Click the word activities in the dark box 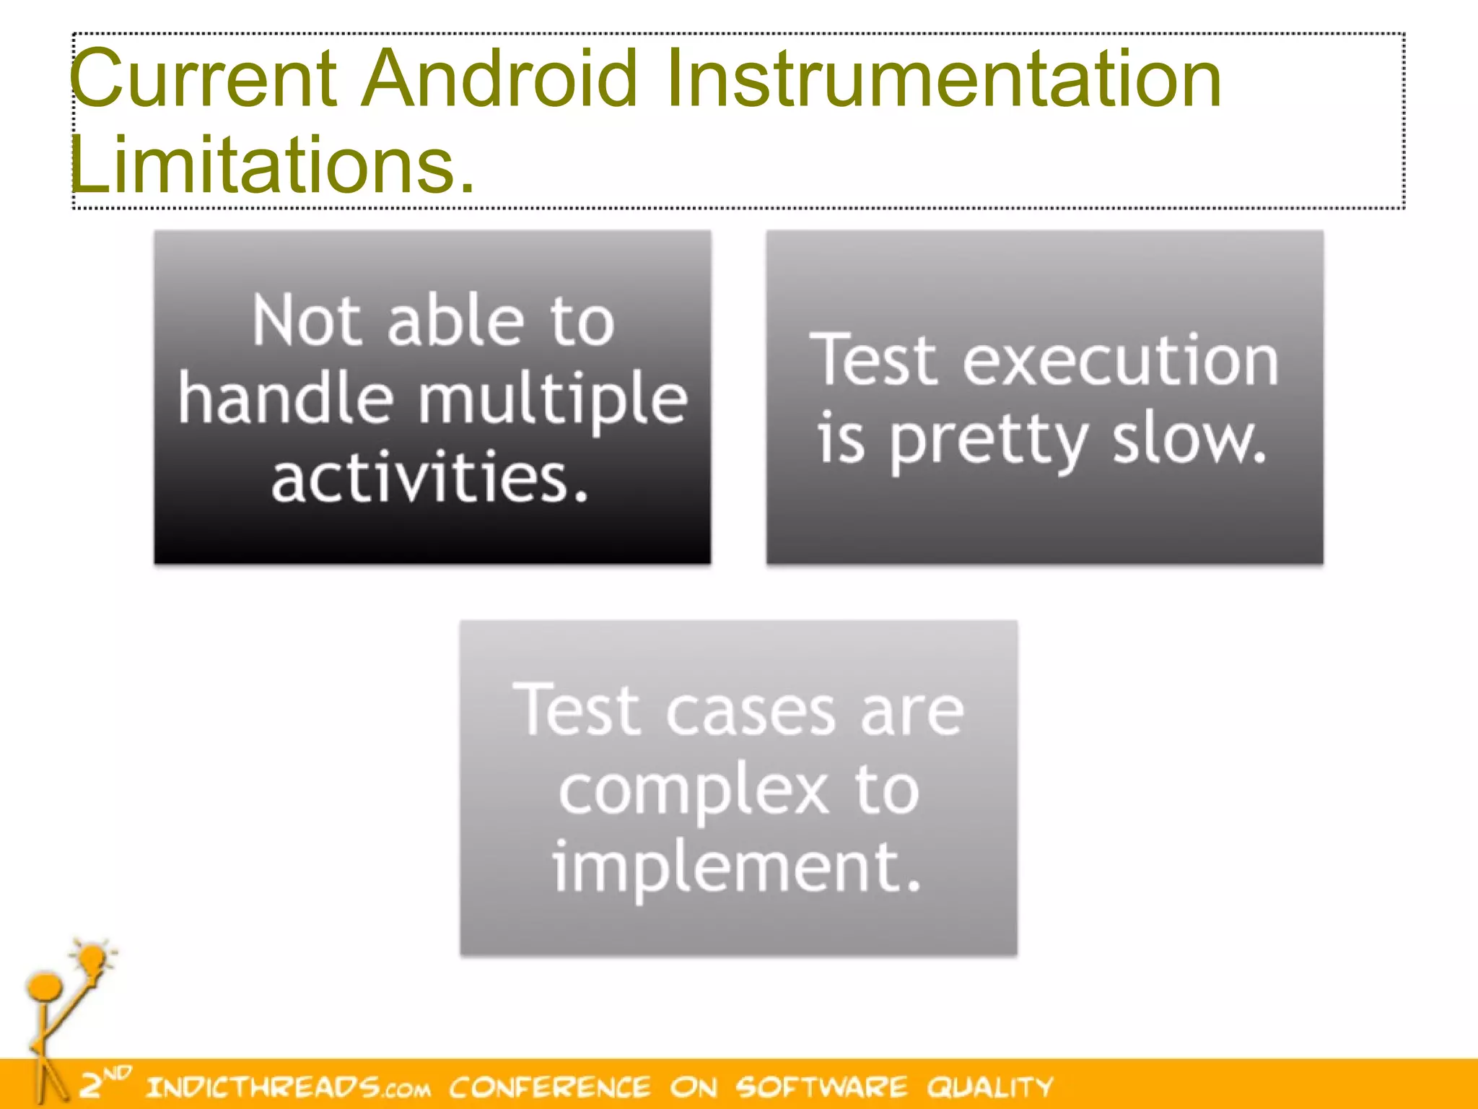coord(430,478)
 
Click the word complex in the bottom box coord(694,791)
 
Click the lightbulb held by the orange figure coord(92,960)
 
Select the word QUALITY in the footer coord(989,1087)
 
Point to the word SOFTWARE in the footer coord(821,1087)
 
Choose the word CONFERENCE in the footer coord(549,1087)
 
